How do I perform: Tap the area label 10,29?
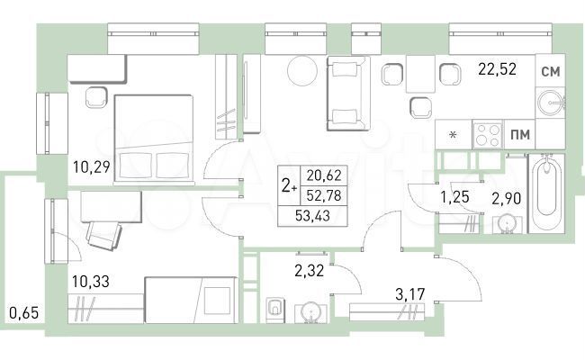92,165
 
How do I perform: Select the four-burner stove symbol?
487,135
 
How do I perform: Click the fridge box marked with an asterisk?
454,135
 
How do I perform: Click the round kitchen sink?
548,103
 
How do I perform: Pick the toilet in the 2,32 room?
275,309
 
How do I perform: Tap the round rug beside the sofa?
300,71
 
